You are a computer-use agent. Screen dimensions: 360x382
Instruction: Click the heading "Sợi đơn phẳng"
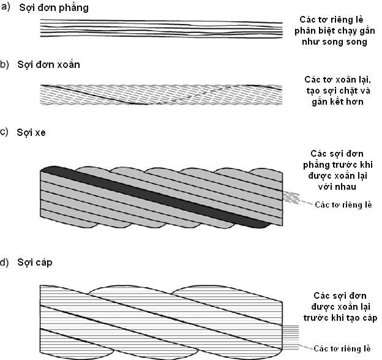point(54,8)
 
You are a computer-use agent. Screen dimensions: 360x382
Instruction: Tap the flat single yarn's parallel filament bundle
point(162,29)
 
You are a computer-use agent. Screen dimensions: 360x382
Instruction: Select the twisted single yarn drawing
point(162,95)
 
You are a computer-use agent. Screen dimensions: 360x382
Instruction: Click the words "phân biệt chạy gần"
point(334,31)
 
